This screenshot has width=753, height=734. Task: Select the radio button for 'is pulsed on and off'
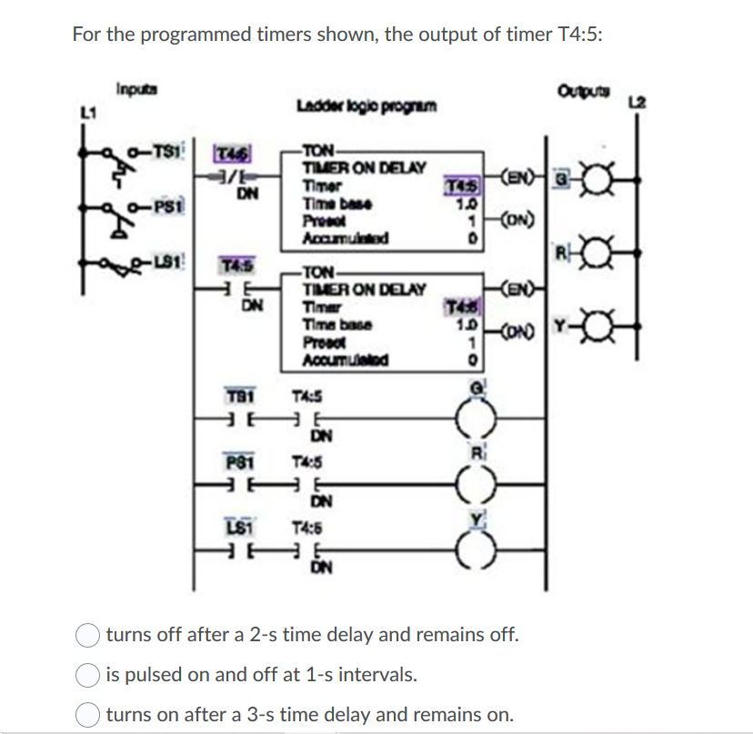(89, 675)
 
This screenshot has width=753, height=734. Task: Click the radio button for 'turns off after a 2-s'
(89, 634)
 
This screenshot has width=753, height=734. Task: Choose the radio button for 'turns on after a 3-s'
(89, 715)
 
